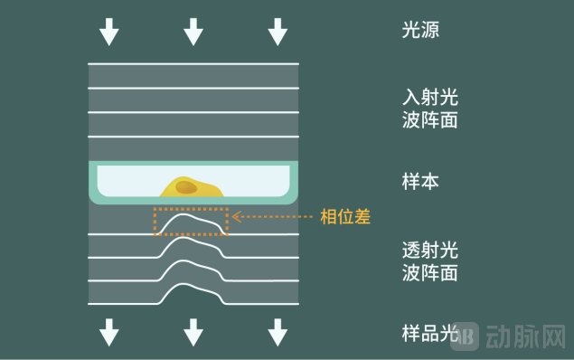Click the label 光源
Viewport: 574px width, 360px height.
[420, 30]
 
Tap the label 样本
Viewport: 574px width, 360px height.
[420, 181]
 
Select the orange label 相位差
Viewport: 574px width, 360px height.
[346, 217]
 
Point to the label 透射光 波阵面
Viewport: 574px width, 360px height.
[429, 261]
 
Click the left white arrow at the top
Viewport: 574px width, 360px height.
[109, 32]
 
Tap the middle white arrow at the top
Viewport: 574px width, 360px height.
[193, 32]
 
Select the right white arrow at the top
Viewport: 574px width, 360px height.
[278, 32]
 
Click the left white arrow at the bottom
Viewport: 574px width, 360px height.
[109, 332]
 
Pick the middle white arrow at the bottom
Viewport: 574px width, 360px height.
[193, 332]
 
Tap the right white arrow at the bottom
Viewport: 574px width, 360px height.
[278, 332]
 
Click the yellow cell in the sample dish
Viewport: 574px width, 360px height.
[203, 189]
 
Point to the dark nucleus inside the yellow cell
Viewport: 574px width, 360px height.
[185, 187]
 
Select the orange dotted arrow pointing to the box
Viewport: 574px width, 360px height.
[271, 217]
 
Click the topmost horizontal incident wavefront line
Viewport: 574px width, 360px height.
[193, 63]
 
